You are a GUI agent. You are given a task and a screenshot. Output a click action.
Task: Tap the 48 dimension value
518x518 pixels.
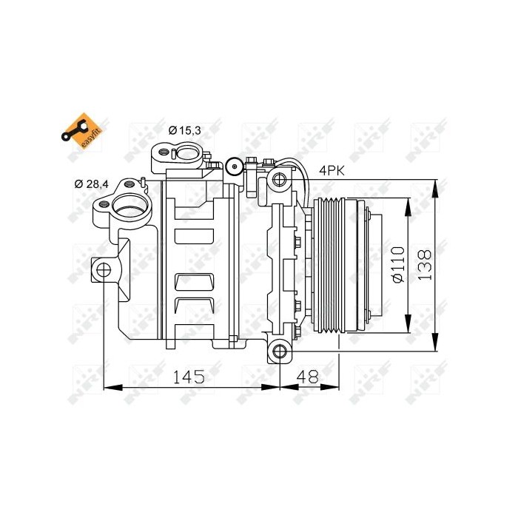[306, 376]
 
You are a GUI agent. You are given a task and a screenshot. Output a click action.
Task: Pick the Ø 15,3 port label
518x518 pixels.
[184, 131]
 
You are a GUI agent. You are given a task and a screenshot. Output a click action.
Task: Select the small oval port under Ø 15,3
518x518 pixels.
[185, 154]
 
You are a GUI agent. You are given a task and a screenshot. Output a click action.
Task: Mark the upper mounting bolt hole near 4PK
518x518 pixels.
[280, 178]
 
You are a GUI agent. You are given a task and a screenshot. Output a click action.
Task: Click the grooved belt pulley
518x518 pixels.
[334, 264]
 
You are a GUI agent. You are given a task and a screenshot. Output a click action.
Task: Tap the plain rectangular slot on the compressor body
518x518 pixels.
[195, 237]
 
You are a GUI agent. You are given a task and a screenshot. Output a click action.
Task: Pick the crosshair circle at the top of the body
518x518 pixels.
[234, 166]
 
